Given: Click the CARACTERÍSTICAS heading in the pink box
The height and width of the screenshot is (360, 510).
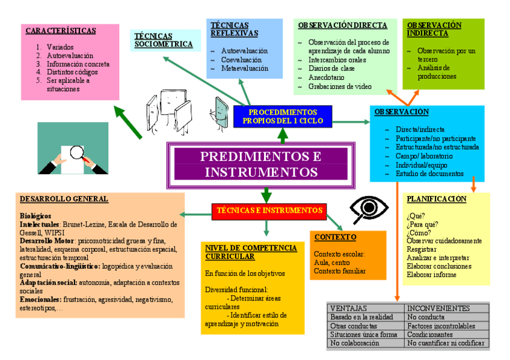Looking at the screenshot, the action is point(61,31).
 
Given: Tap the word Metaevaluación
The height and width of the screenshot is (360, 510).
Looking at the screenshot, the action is point(245,69).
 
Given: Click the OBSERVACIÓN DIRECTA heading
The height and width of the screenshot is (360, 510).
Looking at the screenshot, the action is point(342,25).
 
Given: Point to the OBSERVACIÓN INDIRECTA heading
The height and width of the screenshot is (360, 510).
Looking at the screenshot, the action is point(434,29).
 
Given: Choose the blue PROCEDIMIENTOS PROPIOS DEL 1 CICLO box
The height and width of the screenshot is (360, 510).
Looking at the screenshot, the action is point(283,116).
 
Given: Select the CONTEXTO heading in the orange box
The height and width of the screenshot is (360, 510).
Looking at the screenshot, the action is point(335,237).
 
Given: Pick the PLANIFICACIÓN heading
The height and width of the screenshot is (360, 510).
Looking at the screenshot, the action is point(437,199).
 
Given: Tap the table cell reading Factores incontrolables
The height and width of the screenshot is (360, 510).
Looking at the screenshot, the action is point(441,326).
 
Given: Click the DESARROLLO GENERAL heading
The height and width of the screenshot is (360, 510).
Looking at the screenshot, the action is point(64,199).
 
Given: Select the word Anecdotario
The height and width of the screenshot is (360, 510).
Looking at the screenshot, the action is point(327,78).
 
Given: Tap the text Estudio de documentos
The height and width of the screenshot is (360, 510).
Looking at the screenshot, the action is point(429,174).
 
